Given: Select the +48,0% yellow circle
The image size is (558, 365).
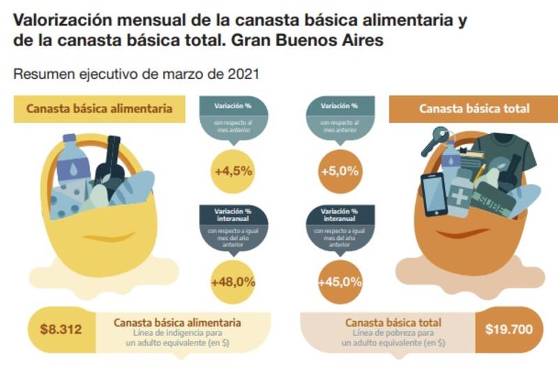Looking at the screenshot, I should pyautogui.click(x=233, y=283).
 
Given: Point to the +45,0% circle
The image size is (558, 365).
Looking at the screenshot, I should pyautogui.click(x=340, y=283).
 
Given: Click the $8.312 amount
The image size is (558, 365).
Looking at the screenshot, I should pyautogui.click(x=59, y=329).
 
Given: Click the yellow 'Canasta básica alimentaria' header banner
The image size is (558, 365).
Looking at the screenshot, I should pyautogui.click(x=99, y=109).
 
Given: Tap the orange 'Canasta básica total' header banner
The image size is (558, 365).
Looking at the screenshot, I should pyautogui.click(x=474, y=109).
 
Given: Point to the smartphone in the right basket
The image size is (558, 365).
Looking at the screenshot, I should pyautogui.click(x=433, y=193).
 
